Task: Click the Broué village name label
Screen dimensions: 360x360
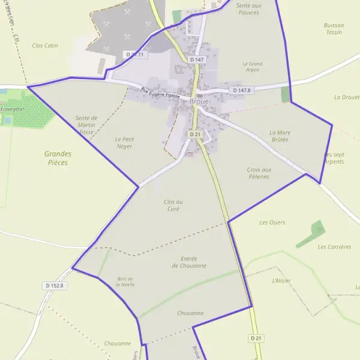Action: point(199,102)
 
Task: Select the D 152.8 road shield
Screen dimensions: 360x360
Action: point(54,286)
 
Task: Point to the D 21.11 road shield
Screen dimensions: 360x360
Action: point(135,55)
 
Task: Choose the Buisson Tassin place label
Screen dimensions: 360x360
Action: point(334,29)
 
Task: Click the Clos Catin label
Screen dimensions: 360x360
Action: point(45,46)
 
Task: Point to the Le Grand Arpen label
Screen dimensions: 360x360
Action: point(253,67)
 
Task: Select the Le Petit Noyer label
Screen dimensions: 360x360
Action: point(124,142)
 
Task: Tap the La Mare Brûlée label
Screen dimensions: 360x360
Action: point(279,136)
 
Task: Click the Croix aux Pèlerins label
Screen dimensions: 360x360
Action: point(259,173)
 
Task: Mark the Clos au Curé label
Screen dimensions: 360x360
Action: point(173,205)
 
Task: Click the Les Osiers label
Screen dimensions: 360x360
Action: point(272,223)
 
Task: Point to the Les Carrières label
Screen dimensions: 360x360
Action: point(334,247)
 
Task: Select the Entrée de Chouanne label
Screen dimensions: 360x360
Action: point(193,262)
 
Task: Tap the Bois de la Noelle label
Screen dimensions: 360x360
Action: point(125,281)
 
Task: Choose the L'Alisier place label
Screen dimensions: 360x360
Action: point(281,280)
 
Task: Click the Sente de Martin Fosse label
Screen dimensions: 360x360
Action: point(86,124)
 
